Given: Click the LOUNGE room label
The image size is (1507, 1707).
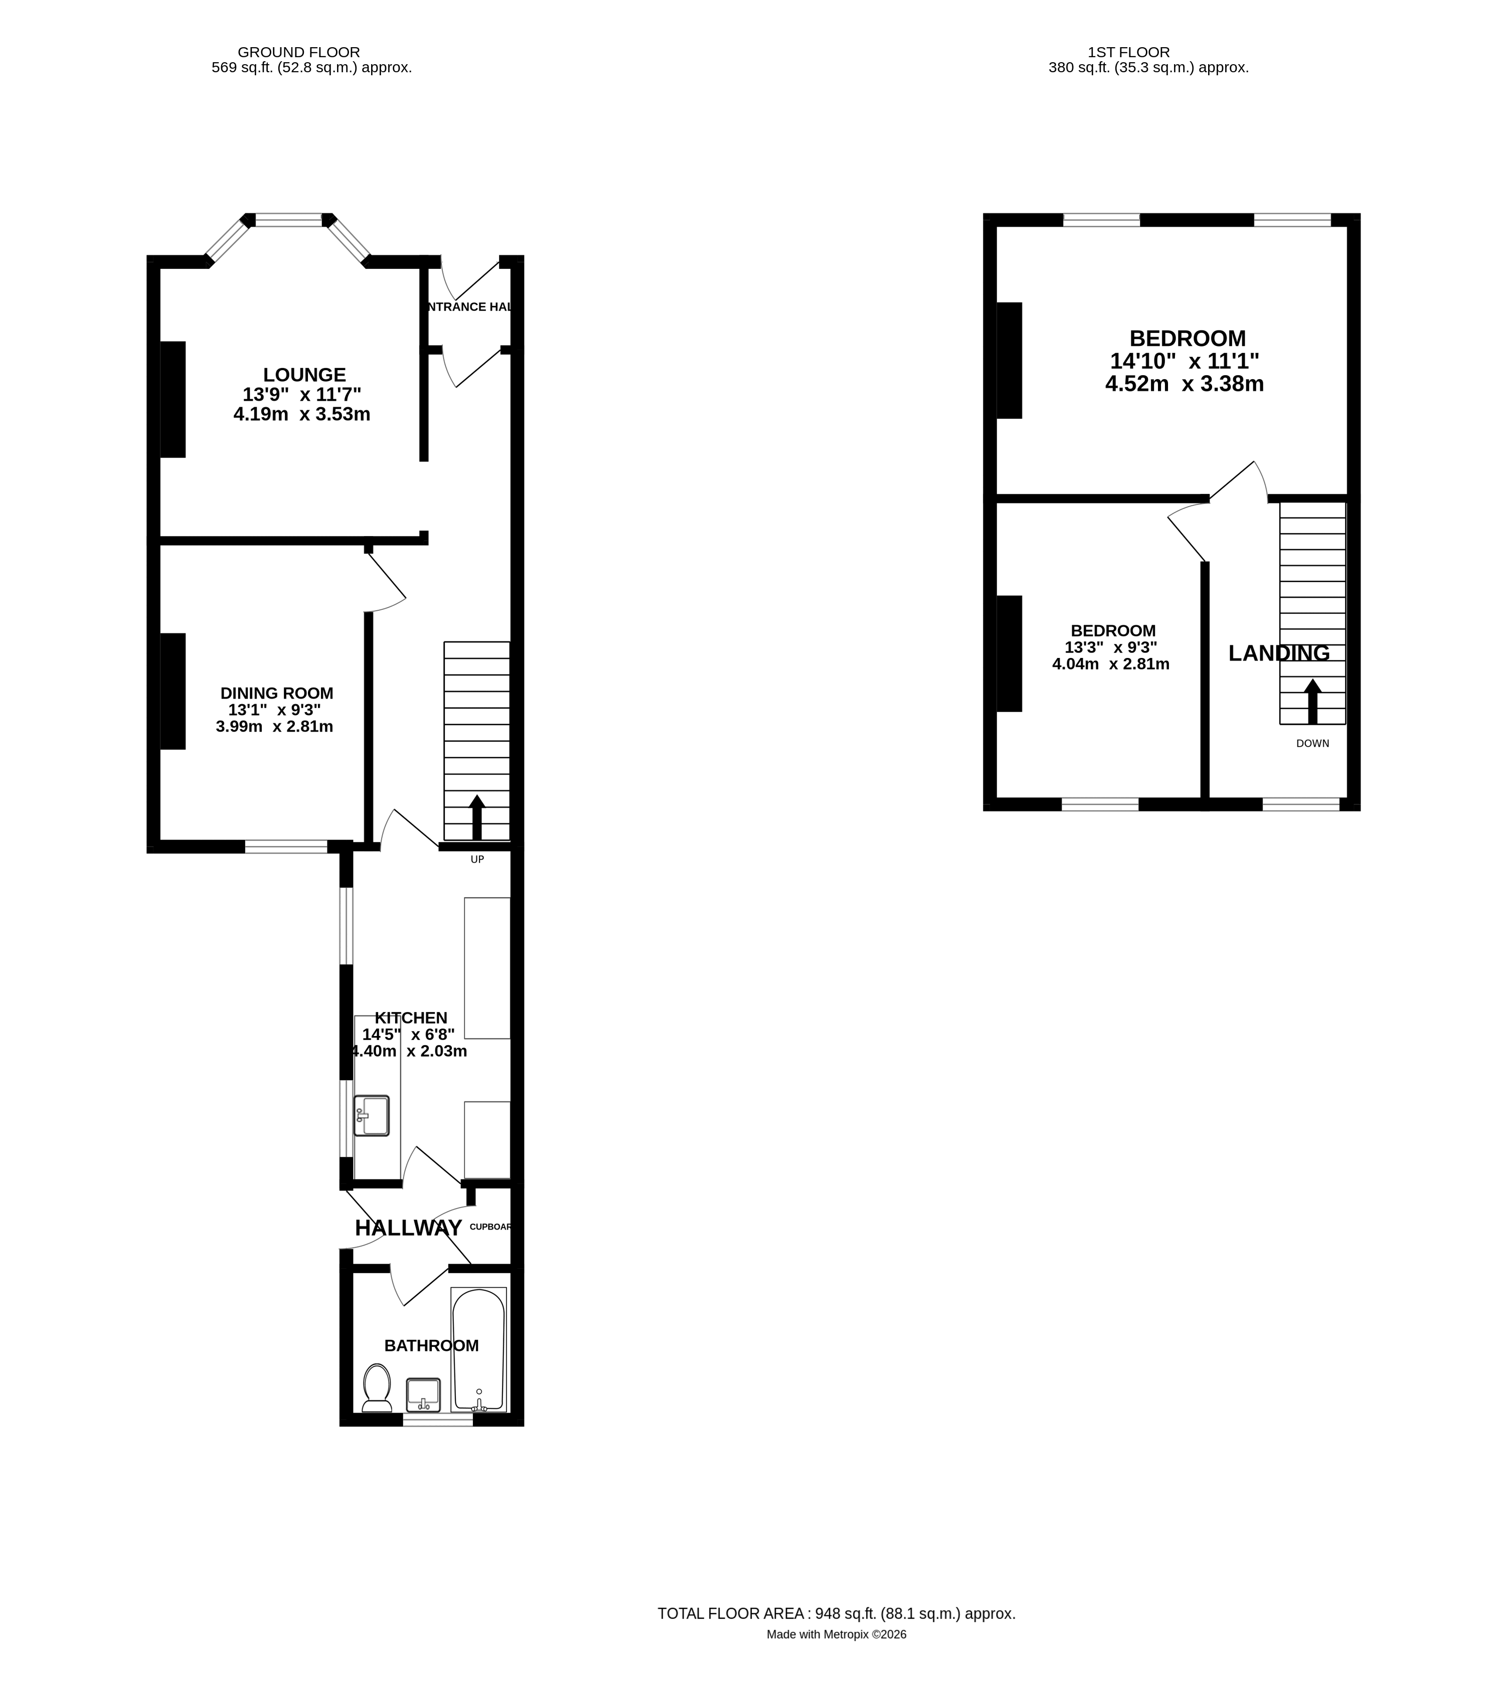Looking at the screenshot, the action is tap(304, 375).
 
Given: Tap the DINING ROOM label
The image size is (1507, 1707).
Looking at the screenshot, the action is tap(276, 693).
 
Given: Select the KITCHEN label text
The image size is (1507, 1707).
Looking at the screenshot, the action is tap(411, 1018).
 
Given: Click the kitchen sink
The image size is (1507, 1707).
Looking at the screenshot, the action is tap(372, 1116).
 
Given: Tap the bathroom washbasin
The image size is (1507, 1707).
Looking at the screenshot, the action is tap(424, 1395).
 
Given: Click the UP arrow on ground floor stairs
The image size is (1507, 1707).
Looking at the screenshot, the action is tap(477, 817).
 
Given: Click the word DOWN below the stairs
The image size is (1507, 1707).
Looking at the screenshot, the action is tap(1312, 743).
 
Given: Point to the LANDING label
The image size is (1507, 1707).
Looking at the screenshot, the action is tap(1279, 653).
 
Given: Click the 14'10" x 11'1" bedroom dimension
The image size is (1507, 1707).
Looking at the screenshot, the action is tap(1185, 362).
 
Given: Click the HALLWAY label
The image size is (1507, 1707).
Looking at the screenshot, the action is tap(409, 1228).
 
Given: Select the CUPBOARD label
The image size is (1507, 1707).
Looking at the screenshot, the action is tap(490, 1227).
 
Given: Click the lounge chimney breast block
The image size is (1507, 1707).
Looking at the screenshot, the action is tap(173, 399).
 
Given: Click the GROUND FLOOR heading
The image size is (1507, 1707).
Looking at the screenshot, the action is tap(299, 52).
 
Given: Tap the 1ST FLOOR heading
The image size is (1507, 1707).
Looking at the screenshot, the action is tap(1128, 52).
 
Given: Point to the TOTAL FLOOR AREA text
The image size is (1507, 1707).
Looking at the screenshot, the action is tap(836, 1613).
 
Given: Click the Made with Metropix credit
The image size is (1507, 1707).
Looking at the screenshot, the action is tap(836, 1634).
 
